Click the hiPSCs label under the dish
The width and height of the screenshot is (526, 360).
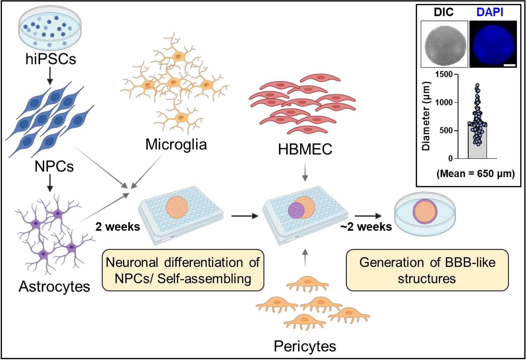pyautogui.click(x=51, y=59)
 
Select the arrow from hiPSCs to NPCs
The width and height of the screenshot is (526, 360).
pyautogui.click(x=50, y=76)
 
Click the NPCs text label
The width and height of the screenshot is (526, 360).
pyautogui.click(x=54, y=166)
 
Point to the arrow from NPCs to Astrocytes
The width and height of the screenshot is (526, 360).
pyautogui.click(x=50, y=183)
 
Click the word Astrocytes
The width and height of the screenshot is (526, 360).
pyautogui.click(x=54, y=287)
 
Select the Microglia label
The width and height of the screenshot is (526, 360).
pyautogui.click(x=176, y=144)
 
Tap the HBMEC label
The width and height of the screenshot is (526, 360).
pyautogui.click(x=305, y=150)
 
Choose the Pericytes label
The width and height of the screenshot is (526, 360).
pyautogui.click(x=305, y=346)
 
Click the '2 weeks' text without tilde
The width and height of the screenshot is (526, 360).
pyautogui.click(x=118, y=227)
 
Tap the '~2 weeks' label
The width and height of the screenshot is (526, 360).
pyautogui.click(x=366, y=227)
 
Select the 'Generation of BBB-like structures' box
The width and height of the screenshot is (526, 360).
pyautogui.click(x=427, y=270)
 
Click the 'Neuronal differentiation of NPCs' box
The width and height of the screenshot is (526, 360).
pyautogui.click(x=183, y=270)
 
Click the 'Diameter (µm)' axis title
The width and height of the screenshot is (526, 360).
pyautogui.click(x=426, y=116)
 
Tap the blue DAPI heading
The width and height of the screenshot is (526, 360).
pyautogui.click(x=490, y=12)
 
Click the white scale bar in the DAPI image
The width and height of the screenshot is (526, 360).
pyautogui.click(x=510, y=65)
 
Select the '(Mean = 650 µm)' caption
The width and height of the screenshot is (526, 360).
pyautogui.click(x=475, y=174)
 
